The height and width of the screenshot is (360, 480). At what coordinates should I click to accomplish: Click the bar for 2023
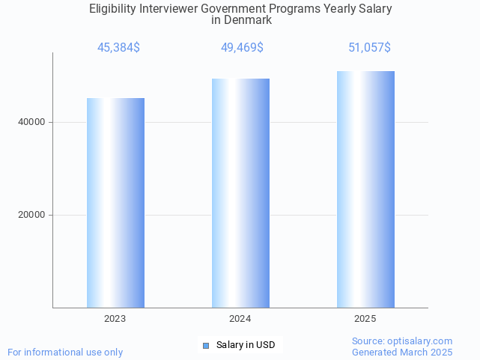pos(115,202)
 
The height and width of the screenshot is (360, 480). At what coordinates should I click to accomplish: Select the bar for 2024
pos(240,193)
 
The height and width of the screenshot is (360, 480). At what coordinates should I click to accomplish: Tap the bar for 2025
pos(365,189)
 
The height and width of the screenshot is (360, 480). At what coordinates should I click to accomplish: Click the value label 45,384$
pos(118,48)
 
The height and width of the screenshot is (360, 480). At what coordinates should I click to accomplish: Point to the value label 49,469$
pos(242,48)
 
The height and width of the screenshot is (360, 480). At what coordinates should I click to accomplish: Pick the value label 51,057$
pos(369,48)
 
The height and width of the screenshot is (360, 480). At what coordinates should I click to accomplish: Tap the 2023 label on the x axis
pos(115,319)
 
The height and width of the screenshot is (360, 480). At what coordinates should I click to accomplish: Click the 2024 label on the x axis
pos(240,319)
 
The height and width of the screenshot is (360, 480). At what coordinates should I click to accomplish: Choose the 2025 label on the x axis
pos(365,319)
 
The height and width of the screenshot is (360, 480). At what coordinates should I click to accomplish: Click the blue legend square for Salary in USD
pos(207,345)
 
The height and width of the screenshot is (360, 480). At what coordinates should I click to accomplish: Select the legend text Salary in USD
pos(246,345)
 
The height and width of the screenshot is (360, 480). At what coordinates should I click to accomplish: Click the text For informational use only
pos(65,352)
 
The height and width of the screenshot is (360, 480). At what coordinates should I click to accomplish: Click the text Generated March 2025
pos(402,352)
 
